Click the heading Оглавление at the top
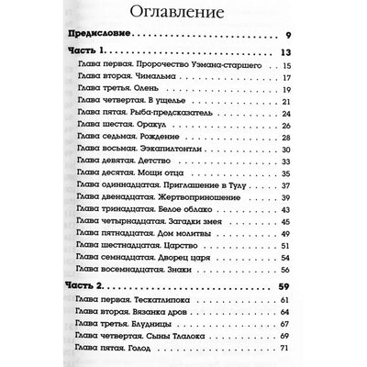pos(183,16)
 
